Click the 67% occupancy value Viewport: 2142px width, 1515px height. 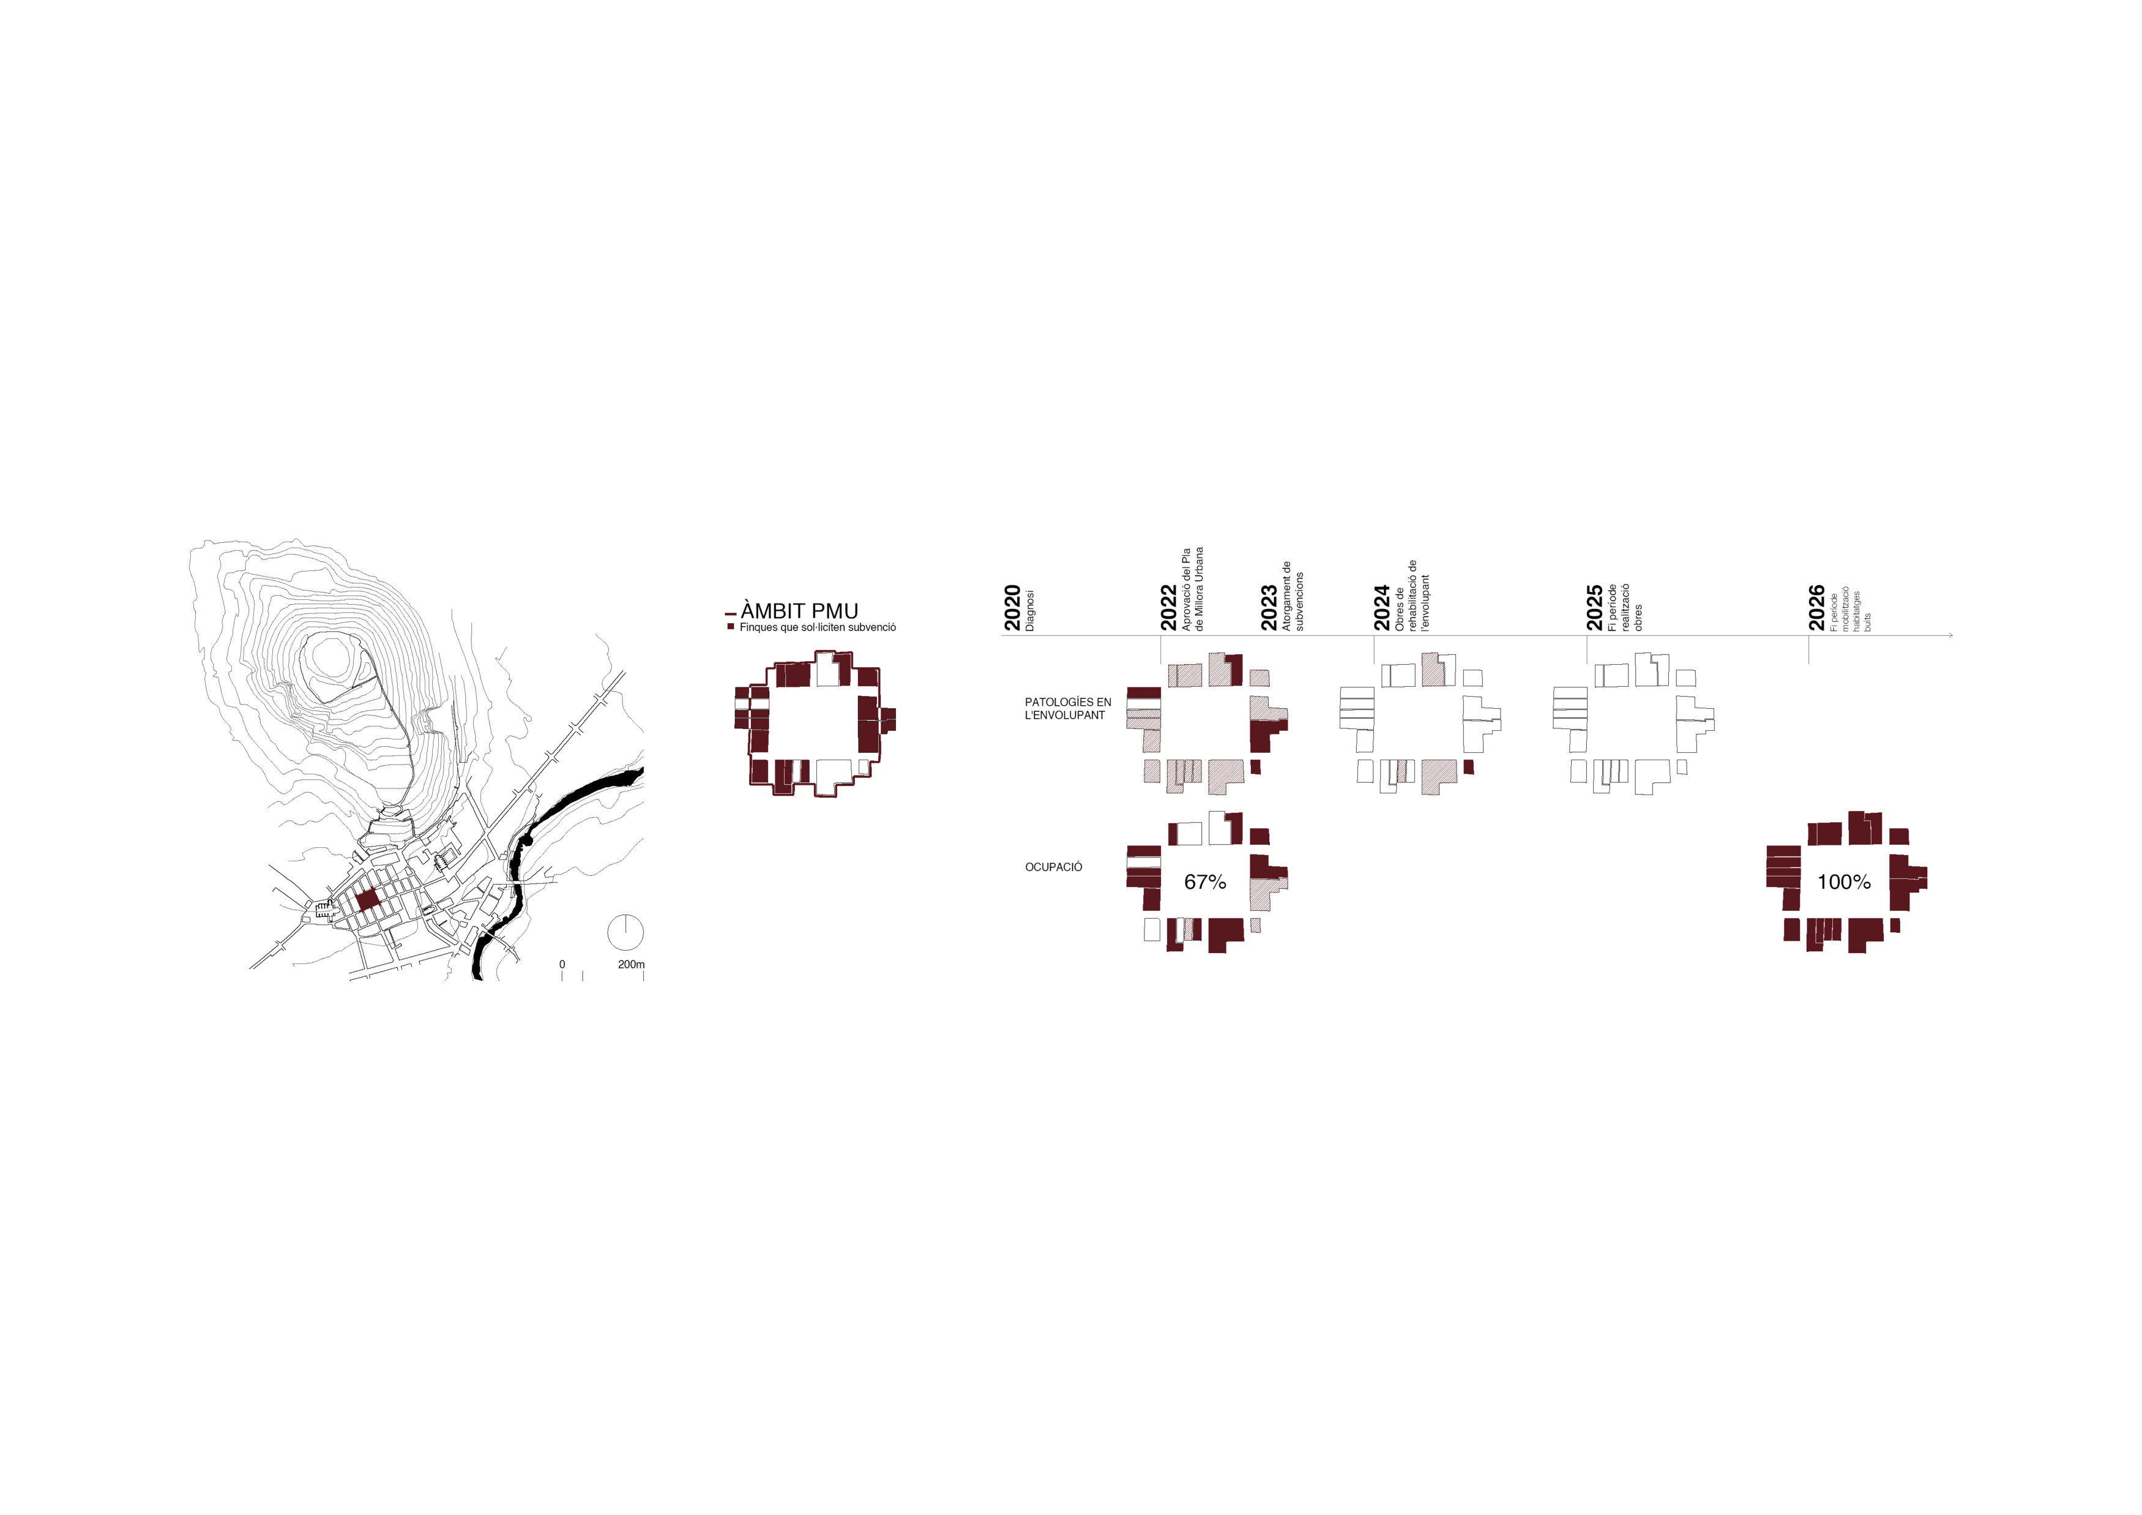click(x=1206, y=881)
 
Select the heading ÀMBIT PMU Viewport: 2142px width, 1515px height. click(x=799, y=611)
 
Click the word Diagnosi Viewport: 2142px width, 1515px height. click(x=1030, y=610)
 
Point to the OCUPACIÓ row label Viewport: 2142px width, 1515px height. click(x=1053, y=867)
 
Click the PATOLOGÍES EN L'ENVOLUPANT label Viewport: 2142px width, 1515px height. click(x=1068, y=709)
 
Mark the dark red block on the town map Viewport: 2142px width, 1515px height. click(x=367, y=899)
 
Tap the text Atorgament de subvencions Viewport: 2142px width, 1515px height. click(x=1293, y=596)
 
